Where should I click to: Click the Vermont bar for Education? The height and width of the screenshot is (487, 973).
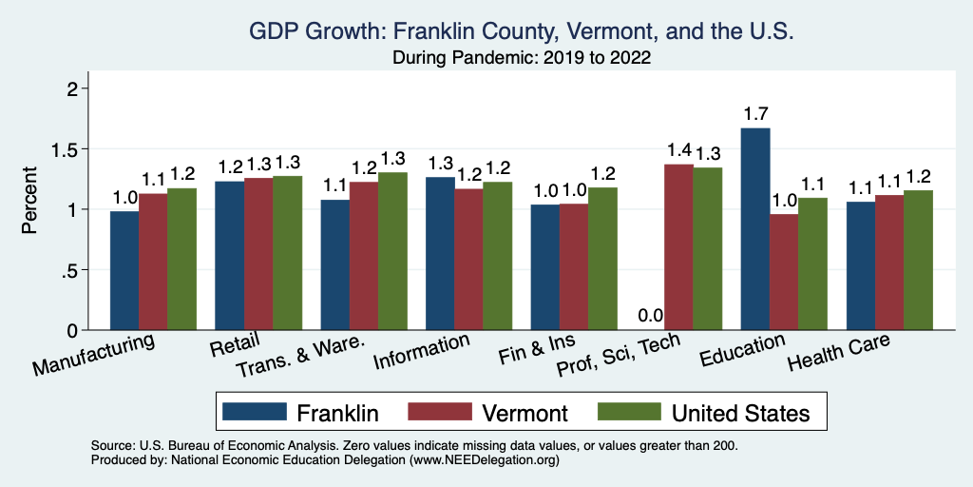coord(784,272)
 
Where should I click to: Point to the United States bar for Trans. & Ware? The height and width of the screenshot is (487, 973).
coord(392,251)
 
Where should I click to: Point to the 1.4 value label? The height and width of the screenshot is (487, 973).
coord(678,151)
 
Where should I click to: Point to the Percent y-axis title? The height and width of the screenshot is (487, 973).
coord(30,201)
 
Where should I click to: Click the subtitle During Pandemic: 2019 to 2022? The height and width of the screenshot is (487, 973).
coord(521,58)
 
